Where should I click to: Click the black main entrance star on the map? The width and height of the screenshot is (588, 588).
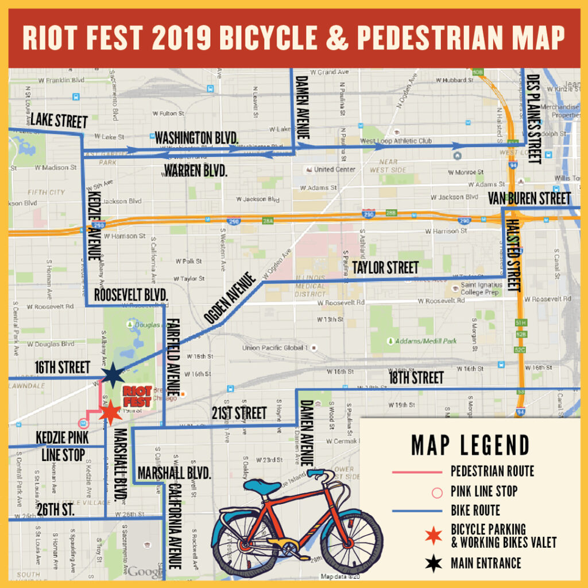(x=113, y=376)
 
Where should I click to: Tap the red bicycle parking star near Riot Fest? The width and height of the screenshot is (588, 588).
(x=109, y=412)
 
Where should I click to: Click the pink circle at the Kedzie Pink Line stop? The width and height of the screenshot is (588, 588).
(x=83, y=424)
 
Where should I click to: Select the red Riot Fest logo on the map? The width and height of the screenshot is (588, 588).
(x=137, y=396)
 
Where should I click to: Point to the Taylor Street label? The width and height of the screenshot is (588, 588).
(x=385, y=268)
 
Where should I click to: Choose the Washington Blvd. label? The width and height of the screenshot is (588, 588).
(x=197, y=138)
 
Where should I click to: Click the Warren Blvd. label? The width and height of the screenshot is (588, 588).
(x=196, y=171)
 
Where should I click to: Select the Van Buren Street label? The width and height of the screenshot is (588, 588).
(x=529, y=199)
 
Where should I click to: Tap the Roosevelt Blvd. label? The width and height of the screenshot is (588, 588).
(x=131, y=295)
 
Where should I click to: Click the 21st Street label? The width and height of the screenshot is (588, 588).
(x=239, y=413)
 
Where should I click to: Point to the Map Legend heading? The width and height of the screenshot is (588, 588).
(x=470, y=445)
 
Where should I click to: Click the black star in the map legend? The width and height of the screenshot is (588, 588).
(x=434, y=563)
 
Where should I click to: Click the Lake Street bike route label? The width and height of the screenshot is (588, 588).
(x=59, y=121)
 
